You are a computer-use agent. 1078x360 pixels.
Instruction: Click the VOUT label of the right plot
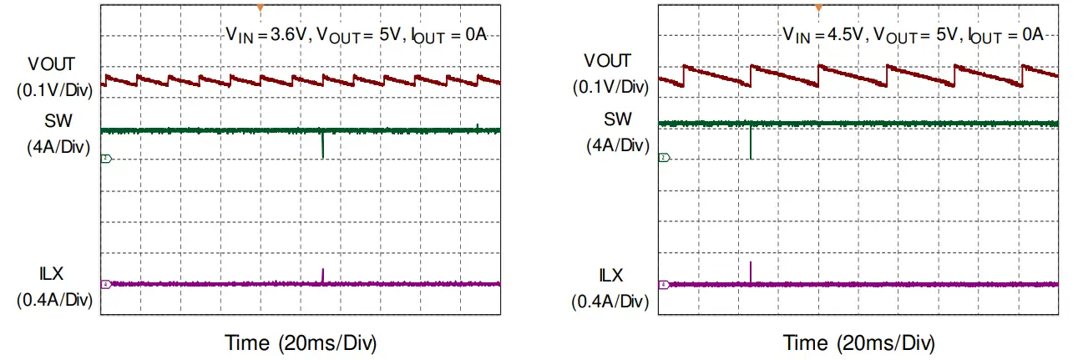click(x=607, y=61)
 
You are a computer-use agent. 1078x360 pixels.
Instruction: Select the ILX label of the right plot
click(x=610, y=274)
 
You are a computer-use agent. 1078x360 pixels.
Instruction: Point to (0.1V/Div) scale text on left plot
click(x=53, y=89)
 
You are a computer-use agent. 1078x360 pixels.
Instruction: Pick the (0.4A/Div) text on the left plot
click(x=53, y=301)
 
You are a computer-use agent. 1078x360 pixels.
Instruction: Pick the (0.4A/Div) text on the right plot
click(x=610, y=300)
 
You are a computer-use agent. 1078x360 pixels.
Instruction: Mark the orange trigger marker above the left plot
click(x=261, y=8)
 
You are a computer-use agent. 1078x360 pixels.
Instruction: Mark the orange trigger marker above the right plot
click(x=819, y=8)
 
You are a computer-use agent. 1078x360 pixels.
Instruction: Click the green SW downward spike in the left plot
click(x=322, y=145)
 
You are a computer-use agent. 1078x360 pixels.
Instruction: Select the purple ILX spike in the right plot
click(x=752, y=272)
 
